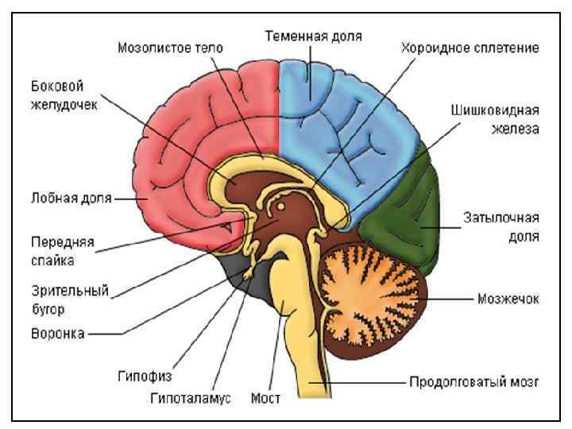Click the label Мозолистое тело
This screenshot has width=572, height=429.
point(170,48)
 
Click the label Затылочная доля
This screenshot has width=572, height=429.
point(501,226)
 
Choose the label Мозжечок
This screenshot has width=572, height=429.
point(508,299)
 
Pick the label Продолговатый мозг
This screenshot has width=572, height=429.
point(474,381)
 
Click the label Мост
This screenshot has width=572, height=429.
point(265,398)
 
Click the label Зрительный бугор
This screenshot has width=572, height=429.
point(60,299)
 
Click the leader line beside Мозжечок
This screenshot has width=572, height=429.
point(454,299)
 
